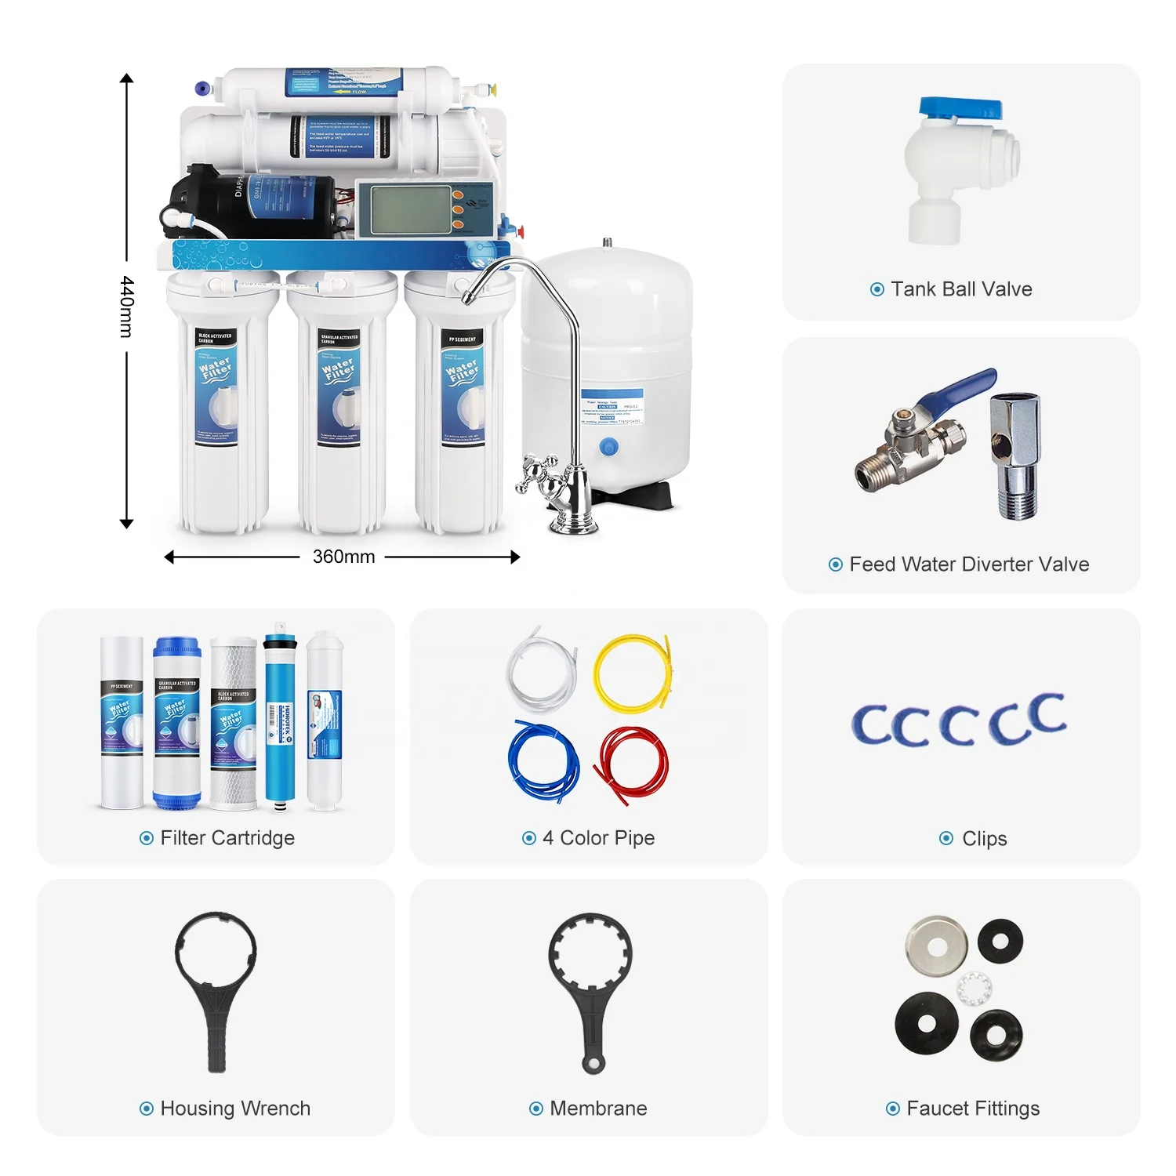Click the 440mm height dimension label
[x=127, y=307]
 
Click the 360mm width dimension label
[x=343, y=557]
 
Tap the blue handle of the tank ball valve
[x=960, y=110]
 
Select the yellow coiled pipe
[x=632, y=673]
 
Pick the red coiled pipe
[x=632, y=763]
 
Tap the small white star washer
[x=975, y=988]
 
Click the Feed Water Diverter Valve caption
[x=969, y=564]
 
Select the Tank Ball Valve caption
[x=961, y=289]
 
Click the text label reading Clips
[x=984, y=839]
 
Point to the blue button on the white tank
[x=608, y=448]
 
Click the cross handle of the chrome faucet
[x=536, y=474]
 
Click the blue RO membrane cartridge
[x=280, y=717]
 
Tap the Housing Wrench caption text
[x=235, y=1109]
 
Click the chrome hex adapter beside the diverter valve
[x=1016, y=455]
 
